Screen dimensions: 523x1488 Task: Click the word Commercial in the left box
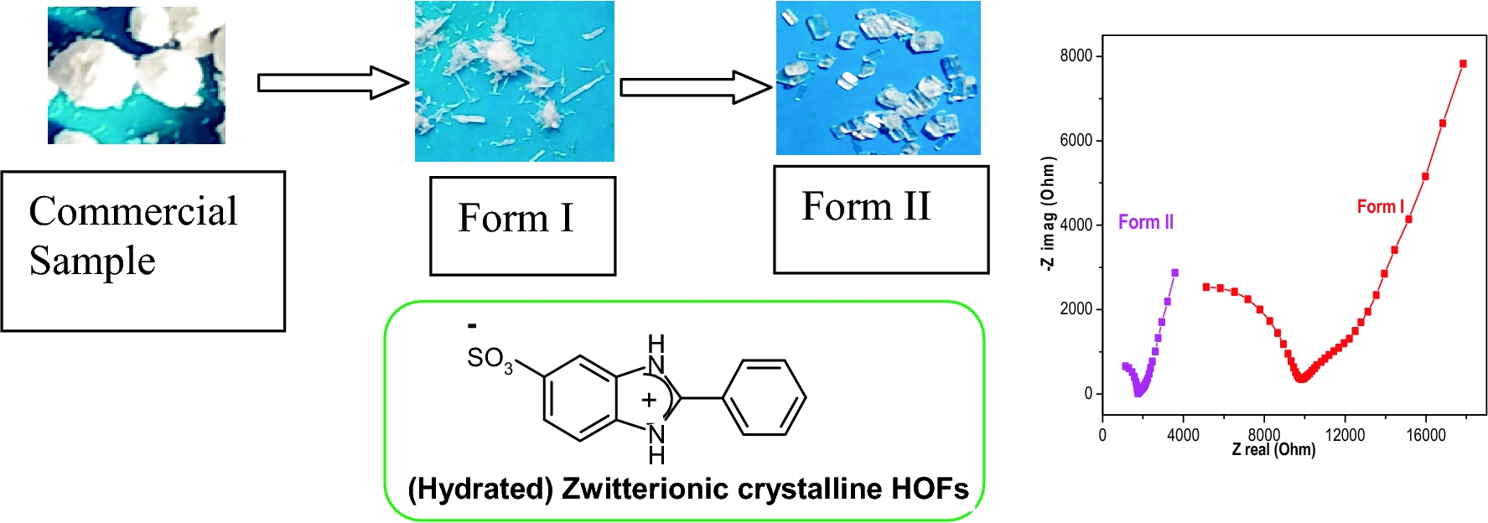[133, 211]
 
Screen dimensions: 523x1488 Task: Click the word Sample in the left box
[92, 261]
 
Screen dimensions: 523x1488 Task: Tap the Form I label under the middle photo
[516, 219]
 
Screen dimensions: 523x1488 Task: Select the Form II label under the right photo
[866, 206]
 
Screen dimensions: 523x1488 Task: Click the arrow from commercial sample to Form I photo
[332, 83]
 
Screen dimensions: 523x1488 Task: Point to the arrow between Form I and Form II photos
[695, 87]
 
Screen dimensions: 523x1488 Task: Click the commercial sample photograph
[137, 75]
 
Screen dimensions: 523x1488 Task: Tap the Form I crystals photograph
[514, 81]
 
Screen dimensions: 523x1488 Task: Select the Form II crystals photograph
[878, 78]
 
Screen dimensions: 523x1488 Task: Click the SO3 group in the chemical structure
[490, 359]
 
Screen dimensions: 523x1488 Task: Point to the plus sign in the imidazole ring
[648, 400]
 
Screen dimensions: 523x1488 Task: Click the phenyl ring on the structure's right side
[764, 398]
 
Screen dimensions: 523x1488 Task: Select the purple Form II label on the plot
[1145, 222]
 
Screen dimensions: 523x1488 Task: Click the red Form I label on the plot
[1380, 206]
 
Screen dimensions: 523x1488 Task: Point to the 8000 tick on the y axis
[1076, 56]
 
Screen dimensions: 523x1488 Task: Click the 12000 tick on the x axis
[1345, 435]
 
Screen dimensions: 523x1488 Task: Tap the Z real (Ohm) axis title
[1273, 450]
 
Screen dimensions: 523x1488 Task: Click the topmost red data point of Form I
[1463, 64]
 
